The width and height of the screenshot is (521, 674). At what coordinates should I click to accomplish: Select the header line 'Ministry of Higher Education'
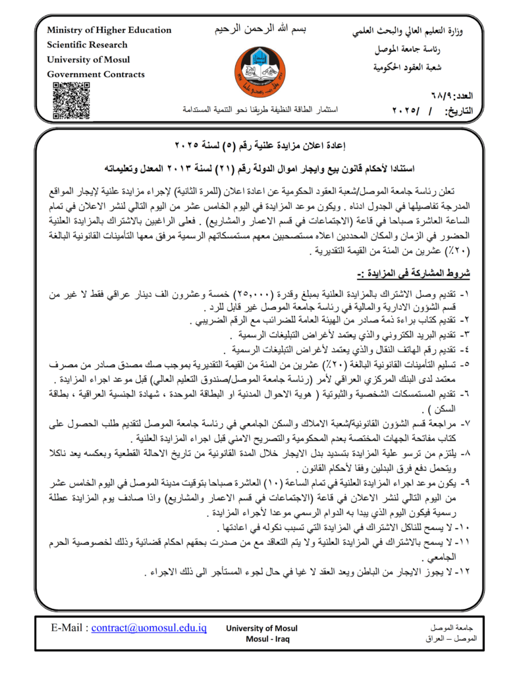(109, 30)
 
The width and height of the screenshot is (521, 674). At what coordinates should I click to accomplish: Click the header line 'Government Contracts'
(96, 74)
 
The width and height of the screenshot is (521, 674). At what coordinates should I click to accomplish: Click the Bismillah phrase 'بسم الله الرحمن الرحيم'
(262, 30)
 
